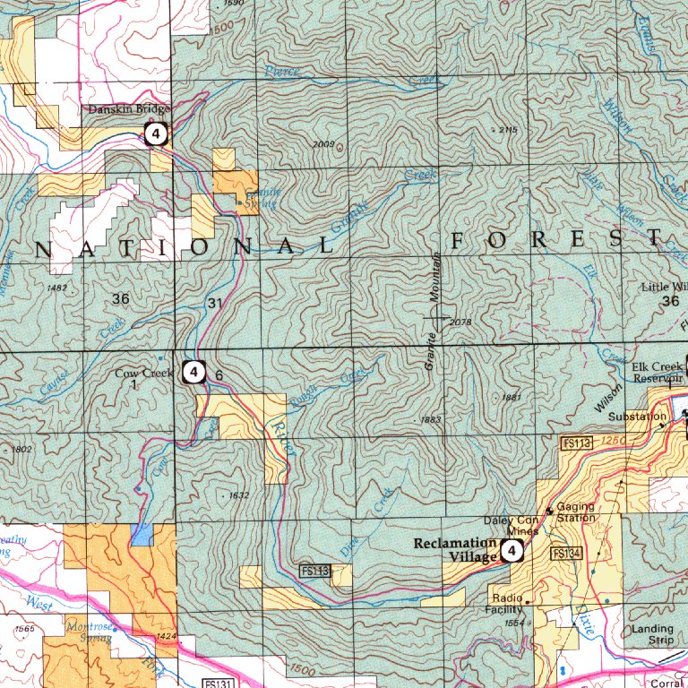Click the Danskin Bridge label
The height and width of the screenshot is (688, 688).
coord(129,109)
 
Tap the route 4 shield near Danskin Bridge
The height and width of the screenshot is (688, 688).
coord(156,135)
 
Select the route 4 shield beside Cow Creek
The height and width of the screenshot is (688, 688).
coord(193,370)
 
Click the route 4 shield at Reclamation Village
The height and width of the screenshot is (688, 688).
coord(512,550)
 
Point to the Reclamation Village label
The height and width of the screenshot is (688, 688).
coord(455,550)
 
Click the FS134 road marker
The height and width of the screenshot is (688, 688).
coord(568,553)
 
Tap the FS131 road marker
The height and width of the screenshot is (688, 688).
coord(219,684)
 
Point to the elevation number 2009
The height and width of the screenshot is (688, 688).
coord(324,144)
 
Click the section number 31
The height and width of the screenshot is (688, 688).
coord(214,304)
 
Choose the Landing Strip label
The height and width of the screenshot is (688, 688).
coord(651,634)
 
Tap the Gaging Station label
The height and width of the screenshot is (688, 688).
coord(575,512)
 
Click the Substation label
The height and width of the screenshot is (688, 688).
coord(631,417)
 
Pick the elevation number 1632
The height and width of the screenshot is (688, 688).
coord(237,494)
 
